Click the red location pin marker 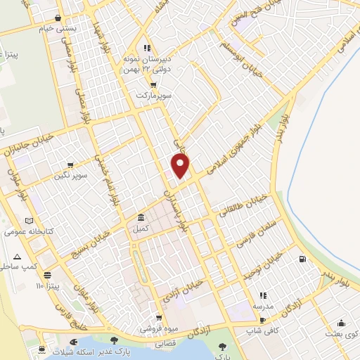(181, 167)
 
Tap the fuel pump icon (302, 259)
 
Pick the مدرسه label (264, 307)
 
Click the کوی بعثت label (340, 334)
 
